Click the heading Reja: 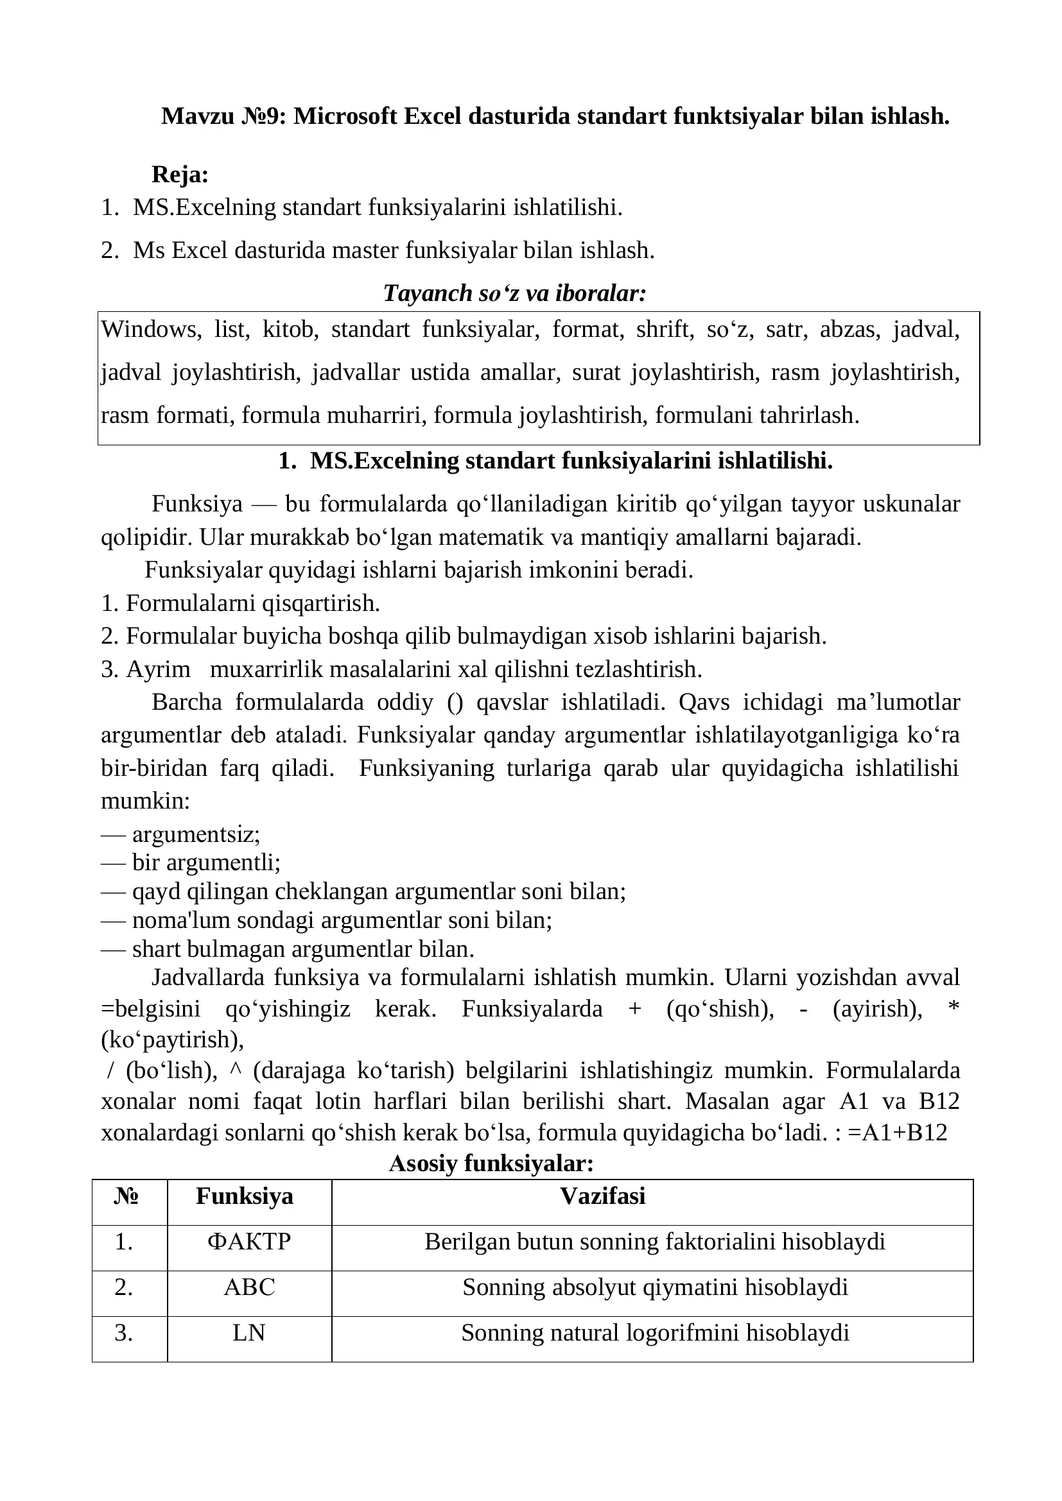tap(180, 175)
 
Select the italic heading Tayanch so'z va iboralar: tap(515, 293)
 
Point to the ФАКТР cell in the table tap(249, 1241)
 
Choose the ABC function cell tap(249, 1287)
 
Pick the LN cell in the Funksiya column tap(249, 1332)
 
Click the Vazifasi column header tap(602, 1196)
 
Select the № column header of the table tap(126, 1196)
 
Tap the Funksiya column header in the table tap(245, 1196)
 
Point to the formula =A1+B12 tap(897, 1132)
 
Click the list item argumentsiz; tap(196, 834)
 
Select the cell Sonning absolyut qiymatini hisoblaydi tap(654, 1287)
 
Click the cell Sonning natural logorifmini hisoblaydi tap(654, 1332)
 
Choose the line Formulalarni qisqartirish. tap(252, 603)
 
